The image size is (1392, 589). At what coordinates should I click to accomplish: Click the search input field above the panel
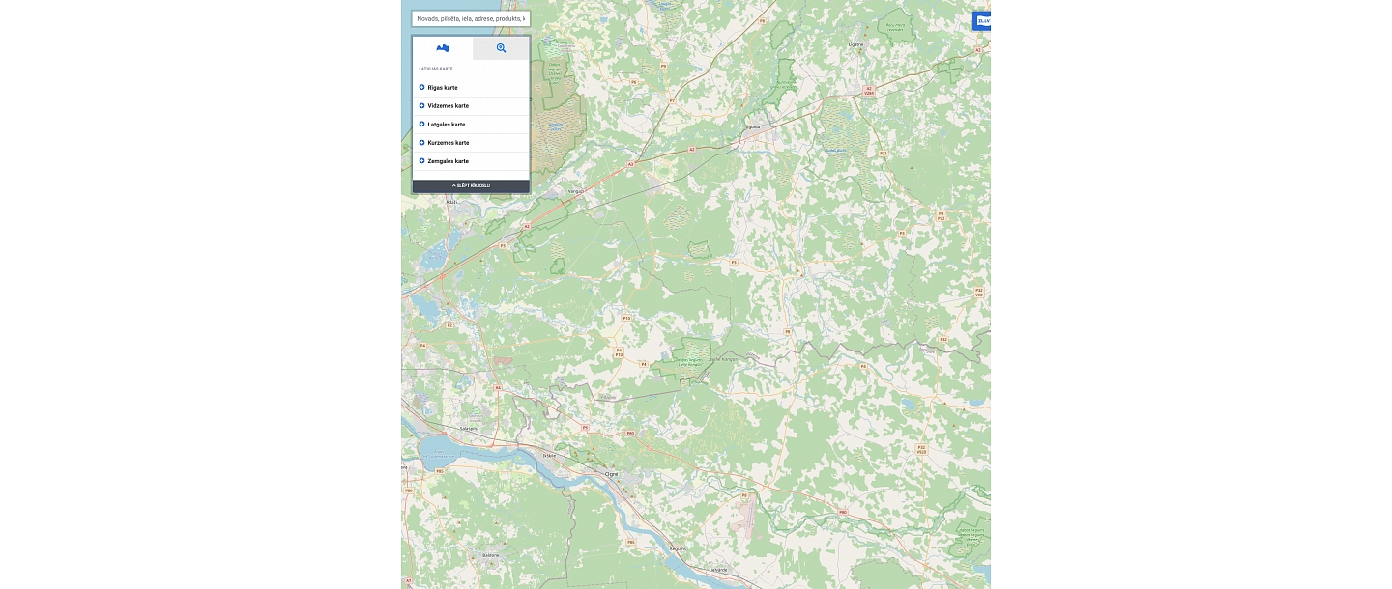coord(471,18)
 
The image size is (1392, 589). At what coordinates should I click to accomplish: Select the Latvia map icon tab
coord(443,48)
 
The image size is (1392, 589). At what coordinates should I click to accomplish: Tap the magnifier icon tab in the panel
coord(501,48)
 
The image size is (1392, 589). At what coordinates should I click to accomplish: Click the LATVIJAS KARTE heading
coord(436,69)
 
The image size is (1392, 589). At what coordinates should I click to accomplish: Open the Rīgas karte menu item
coord(443,88)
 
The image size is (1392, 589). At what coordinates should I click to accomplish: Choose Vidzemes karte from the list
coord(448,106)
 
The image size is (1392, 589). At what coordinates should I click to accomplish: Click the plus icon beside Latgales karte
coord(422,125)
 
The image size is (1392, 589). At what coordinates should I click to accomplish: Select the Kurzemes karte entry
coord(448,143)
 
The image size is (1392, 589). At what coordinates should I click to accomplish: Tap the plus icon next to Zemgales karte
coord(422,161)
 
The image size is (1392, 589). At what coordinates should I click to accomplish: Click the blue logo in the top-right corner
coord(982,20)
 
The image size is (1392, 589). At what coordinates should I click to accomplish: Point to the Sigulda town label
coord(753,126)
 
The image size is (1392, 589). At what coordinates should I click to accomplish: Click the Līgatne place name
coord(855,44)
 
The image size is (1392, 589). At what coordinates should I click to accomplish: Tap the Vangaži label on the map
coord(577,191)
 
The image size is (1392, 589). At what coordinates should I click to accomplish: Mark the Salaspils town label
coord(469,427)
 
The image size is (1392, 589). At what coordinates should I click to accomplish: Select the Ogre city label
coord(611,474)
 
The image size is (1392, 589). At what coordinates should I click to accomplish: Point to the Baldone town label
coord(490,555)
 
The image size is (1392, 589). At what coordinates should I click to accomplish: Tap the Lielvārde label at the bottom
coord(717,570)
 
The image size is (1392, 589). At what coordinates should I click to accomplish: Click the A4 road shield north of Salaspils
coord(498,388)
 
